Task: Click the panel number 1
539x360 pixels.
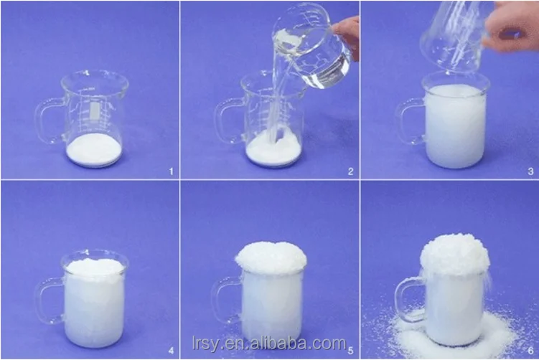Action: point(170,171)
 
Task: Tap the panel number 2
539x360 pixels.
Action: point(350,171)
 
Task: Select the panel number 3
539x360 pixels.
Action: point(530,171)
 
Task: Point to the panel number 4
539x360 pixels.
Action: point(170,351)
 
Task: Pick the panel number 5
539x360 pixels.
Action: point(350,351)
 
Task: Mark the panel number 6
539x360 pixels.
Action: point(530,351)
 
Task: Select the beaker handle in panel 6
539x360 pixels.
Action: point(408,300)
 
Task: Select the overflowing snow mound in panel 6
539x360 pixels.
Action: point(454,255)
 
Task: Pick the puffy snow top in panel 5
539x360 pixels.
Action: point(271,257)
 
